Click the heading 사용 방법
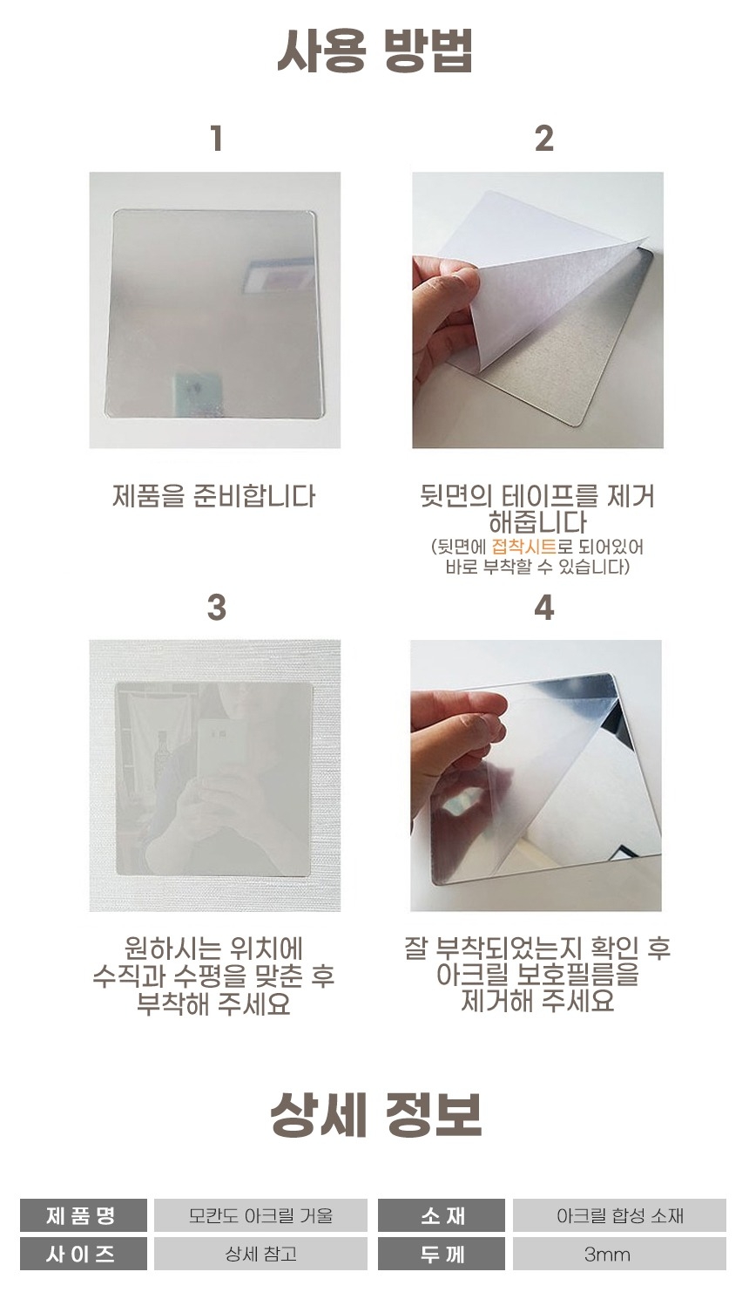coord(374,51)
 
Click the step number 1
coord(217,139)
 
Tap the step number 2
coord(543,139)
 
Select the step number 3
coord(216,607)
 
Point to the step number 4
coord(543,607)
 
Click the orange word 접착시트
coord(523,547)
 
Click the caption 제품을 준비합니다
coord(213,496)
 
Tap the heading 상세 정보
coord(375,1115)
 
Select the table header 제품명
coord(84,1215)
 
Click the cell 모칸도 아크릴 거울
coord(260,1215)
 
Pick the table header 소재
coord(442,1215)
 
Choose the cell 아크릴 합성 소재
coord(619,1215)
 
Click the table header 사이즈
coord(84,1254)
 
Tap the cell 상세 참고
coord(260,1254)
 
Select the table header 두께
coord(442,1254)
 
